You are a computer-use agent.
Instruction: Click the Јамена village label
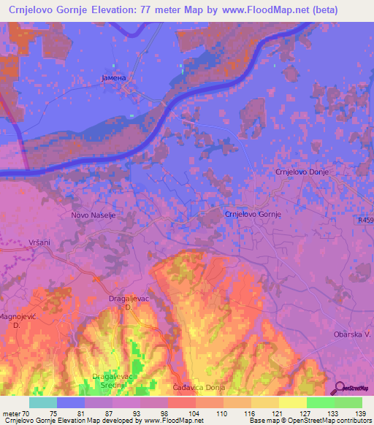click(x=113, y=77)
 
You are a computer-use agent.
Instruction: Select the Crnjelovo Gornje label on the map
click(x=253, y=214)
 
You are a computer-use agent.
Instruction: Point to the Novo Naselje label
click(x=93, y=215)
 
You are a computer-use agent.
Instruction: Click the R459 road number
click(x=365, y=220)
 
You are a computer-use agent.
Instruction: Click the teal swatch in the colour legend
click(x=43, y=402)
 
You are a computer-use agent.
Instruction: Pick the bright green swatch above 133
click(x=320, y=402)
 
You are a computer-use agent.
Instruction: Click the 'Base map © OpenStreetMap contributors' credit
click(x=309, y=421)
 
